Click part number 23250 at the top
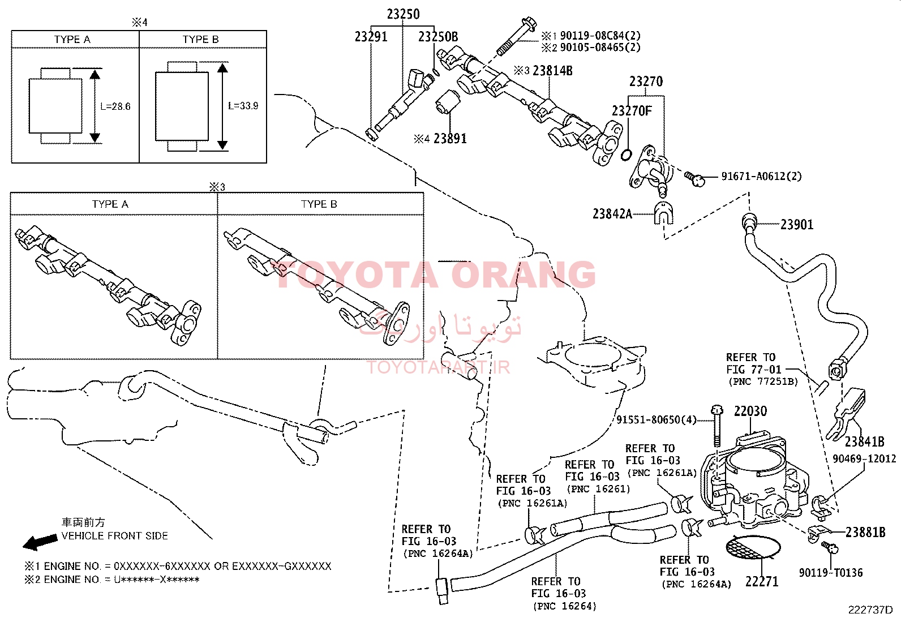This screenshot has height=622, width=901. (x=403, y=14)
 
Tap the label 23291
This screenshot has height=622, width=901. (x=371, y=37)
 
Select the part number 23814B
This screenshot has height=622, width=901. (x=552, y=71)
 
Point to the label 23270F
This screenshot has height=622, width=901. (x=631, y=110)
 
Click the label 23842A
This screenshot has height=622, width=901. (x=612, y=214)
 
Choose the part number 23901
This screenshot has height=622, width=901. (x=797, y=225)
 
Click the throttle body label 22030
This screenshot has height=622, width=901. (x=750, y=411)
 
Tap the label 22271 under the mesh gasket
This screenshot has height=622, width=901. (x=762, y=581)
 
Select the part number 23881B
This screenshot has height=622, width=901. (x=865, y=532)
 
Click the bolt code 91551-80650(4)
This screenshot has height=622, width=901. (x=657, y=419)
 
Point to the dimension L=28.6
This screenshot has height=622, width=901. (x=115, y=106)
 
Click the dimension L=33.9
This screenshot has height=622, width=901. (x=243, y=106)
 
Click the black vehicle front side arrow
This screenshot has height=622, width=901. (x=40, y=542)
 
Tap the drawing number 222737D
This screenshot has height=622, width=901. (x=870, y=610)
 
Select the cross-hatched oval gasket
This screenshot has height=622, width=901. (x=753, y=547)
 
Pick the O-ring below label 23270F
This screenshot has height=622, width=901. (x=627, y=154)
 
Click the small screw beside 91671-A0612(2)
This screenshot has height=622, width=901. (x=695, y=179)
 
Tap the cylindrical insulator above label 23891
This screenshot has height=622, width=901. (x=448, y=102)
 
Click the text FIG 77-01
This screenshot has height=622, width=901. (x=753, y=370)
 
